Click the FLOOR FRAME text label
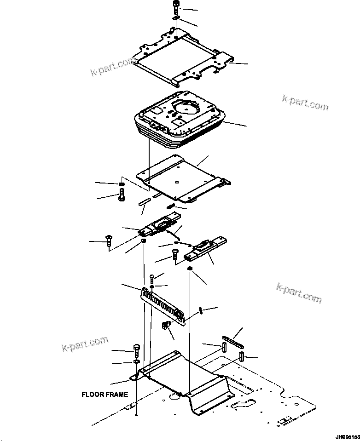click(x=105, y=395)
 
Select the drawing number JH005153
click(x=344, y=435)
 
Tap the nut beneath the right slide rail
click(x=189, y=269)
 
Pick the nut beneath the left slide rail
click(x=144, y=241)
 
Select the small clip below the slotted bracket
click(x=166, y=327)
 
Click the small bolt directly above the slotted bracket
click(x=152, y=277)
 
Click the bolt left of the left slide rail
click(x=108, y=240)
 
